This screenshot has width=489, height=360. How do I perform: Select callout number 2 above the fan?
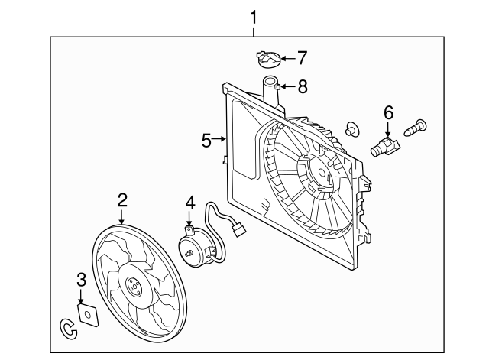pos(122,200)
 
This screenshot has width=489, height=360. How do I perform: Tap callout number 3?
pos(81,281)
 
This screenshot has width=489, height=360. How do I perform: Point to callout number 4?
pos(190,203)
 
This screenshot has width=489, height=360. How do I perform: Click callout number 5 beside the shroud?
pos(206,140)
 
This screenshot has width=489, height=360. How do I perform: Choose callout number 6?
pos(388,113)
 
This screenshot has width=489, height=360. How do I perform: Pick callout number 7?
pos(301,57)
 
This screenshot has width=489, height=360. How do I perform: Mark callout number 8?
pos(303,86)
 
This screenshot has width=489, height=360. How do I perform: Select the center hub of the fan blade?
pos(132,288)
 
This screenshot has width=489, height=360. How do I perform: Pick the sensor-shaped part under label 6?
pos(386,145)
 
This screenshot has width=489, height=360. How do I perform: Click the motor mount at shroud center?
pos(315,174)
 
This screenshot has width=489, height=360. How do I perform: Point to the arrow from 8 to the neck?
pos(287,86)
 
